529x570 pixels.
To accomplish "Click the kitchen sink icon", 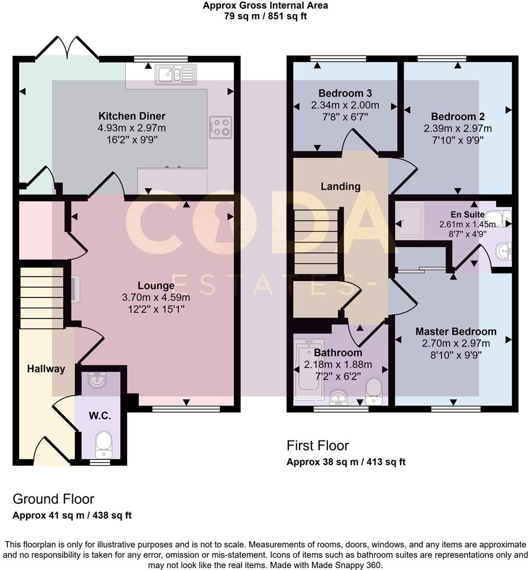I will tap(176, 74).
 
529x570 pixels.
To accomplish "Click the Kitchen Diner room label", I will tap(132, 116).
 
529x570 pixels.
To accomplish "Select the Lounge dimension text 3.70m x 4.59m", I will tap(155, 297).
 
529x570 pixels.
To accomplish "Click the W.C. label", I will tap(99, 416).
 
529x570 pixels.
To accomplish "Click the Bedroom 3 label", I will tap(345, 93).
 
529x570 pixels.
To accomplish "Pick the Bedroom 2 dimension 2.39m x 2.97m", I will tap(458, 128).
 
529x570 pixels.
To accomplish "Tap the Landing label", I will tap(340, 186).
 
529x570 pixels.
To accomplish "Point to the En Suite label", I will tap(467, 214).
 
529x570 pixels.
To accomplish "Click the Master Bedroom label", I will tap(456, 331).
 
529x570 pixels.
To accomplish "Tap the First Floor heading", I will tap(318, 446).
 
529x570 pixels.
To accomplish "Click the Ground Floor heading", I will tap(53, 499).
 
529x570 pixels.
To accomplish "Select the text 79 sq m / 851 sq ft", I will tap(265, 16).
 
